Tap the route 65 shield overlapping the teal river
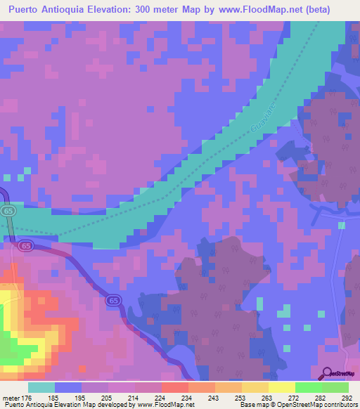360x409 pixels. (x=8, y=211)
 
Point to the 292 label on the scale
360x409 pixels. (x=349, y=397)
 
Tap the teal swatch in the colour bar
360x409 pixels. (x=41, y=387)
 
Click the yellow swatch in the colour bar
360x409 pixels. (x=255, y=387)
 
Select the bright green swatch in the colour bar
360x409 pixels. (x=309, y=387)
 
